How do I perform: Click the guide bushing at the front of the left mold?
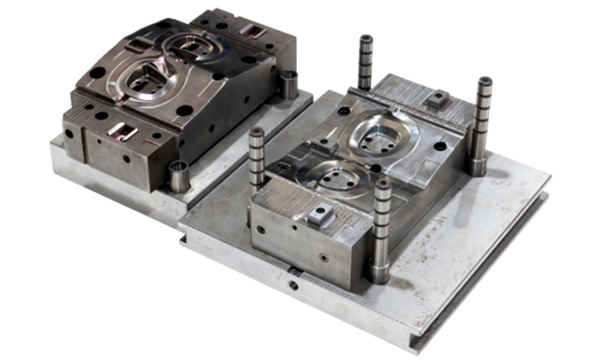[179, 176]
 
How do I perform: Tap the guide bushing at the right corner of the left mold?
[288, 84]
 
